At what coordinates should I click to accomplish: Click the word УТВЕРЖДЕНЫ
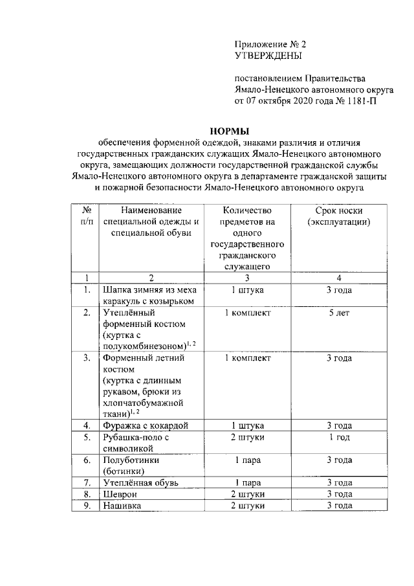(266, 56)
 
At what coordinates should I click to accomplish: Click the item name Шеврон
(119, 494)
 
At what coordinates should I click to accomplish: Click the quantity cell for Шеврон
(246, 494)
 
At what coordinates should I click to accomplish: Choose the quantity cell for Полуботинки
(246, 460)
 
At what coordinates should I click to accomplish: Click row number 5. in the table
(85, 437)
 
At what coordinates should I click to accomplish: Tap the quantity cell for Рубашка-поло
(246, 437)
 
